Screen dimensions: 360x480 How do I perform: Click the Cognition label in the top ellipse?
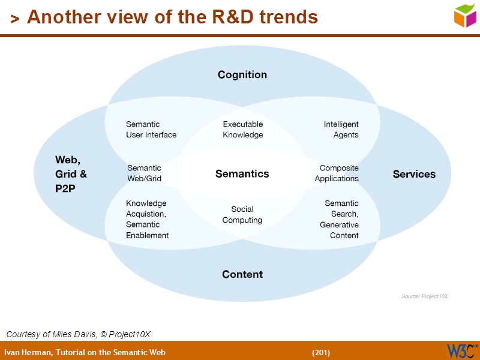(x=242, y=75)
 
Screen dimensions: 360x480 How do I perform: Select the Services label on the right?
(x=414, y=174)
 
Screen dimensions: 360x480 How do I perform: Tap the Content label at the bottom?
(x=242, y=274)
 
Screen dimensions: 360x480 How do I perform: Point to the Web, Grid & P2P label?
(x=71, y=174)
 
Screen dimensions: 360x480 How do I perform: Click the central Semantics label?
(x=242, y=174)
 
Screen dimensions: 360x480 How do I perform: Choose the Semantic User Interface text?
(x=151, y=130)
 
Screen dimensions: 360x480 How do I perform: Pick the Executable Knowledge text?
(x=243, y=130)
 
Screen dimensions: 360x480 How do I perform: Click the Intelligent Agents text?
(x=341, y=130)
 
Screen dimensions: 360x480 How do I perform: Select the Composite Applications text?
(x=337, y=173)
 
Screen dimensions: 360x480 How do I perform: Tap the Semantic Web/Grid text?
(x=144, y=173)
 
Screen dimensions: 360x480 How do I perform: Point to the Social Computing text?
(x=242, y=215)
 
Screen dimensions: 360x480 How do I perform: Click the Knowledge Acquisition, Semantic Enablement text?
(x=148, y=220)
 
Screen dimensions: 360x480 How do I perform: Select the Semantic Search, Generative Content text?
(x=340, y=220)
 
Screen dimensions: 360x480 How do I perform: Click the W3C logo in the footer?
(x=461, y=350)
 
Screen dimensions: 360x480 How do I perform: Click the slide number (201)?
(x=321, y=352)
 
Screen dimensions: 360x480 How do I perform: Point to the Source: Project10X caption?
(x=425, y=296)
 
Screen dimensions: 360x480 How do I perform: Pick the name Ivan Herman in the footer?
(x=28, y=352)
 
